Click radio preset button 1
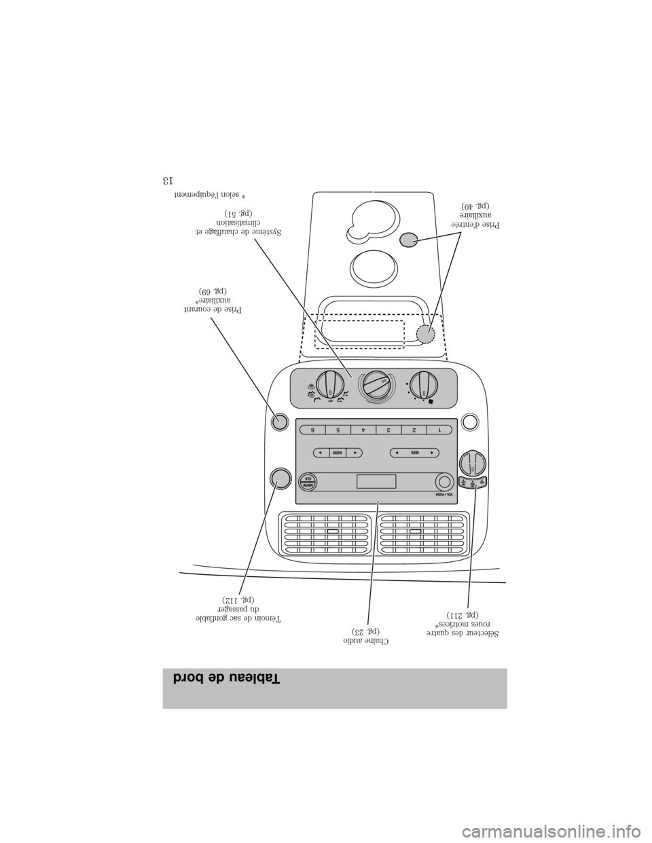(440, 429)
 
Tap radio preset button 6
(311, 429)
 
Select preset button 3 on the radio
(388, 429)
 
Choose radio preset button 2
(414, 429)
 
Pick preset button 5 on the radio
(338, 429)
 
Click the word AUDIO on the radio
(337, 451)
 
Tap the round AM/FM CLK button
(307, 481)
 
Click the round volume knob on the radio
(443, 481)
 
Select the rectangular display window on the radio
(376, 482)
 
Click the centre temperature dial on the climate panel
(375, 388)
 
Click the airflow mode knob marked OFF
(330, 387)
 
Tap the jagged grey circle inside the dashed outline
(425, 334)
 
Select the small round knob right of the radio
(473, 464)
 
